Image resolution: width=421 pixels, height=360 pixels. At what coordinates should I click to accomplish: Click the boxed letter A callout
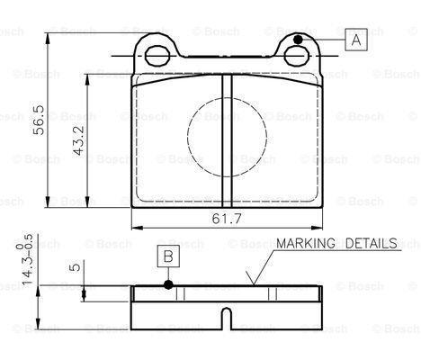[356, 40]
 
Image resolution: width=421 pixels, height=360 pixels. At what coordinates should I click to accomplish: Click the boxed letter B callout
[168, 256]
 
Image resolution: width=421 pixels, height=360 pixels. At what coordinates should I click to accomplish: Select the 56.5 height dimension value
[39, 120]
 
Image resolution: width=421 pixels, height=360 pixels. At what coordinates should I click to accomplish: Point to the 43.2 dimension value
[79, 140]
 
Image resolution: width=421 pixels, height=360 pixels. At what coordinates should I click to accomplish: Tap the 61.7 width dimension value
[227, 219]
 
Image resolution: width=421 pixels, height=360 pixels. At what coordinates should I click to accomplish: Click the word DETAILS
[372, 243]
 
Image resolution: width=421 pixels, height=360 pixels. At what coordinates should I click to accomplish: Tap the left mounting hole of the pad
[157, 56]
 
